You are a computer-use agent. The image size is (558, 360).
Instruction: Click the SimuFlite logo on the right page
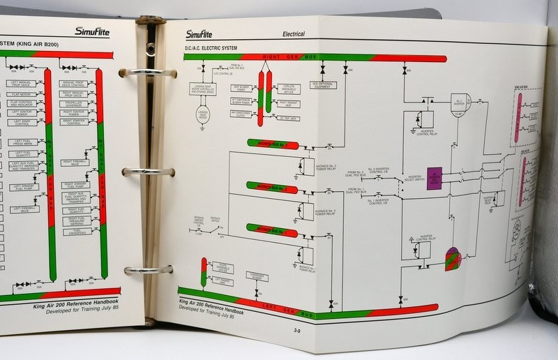pos(199,34)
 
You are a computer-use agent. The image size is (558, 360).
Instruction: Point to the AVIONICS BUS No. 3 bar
pos(272,186)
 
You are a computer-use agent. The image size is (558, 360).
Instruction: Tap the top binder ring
pos(146,72)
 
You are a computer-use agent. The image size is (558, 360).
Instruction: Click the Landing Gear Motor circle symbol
pos(204,114)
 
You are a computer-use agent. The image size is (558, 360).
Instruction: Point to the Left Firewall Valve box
pos(24,209)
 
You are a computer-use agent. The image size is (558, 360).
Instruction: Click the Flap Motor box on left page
pos(22,93)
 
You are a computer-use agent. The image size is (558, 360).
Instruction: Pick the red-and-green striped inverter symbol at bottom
pos(453,259)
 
